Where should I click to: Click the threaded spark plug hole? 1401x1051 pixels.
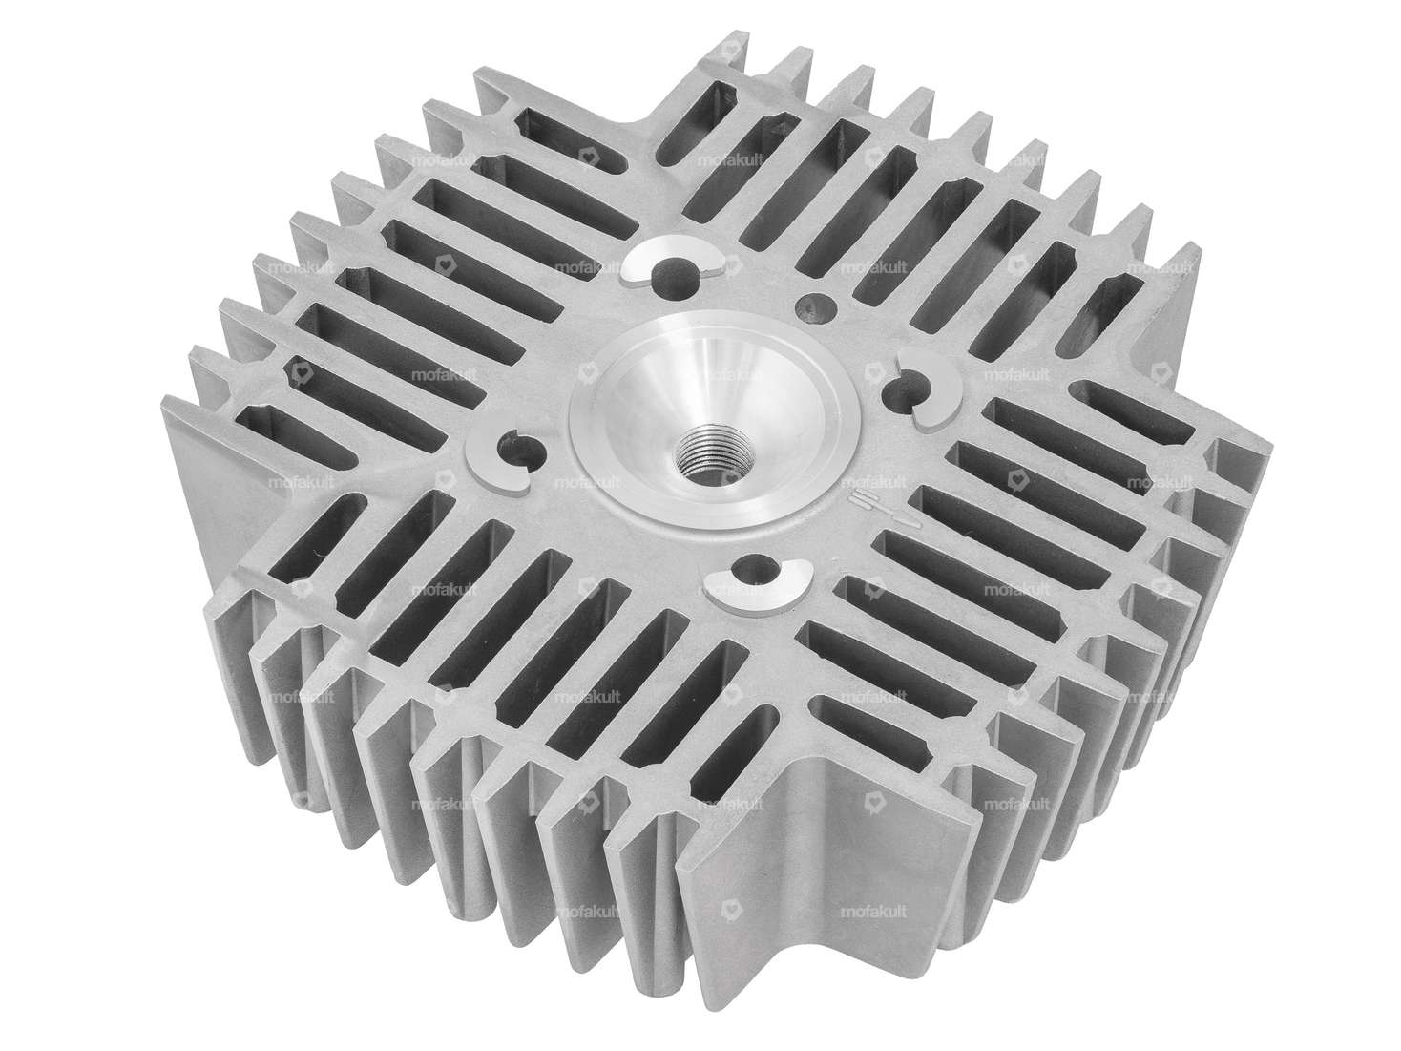(x=703, y=445)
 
